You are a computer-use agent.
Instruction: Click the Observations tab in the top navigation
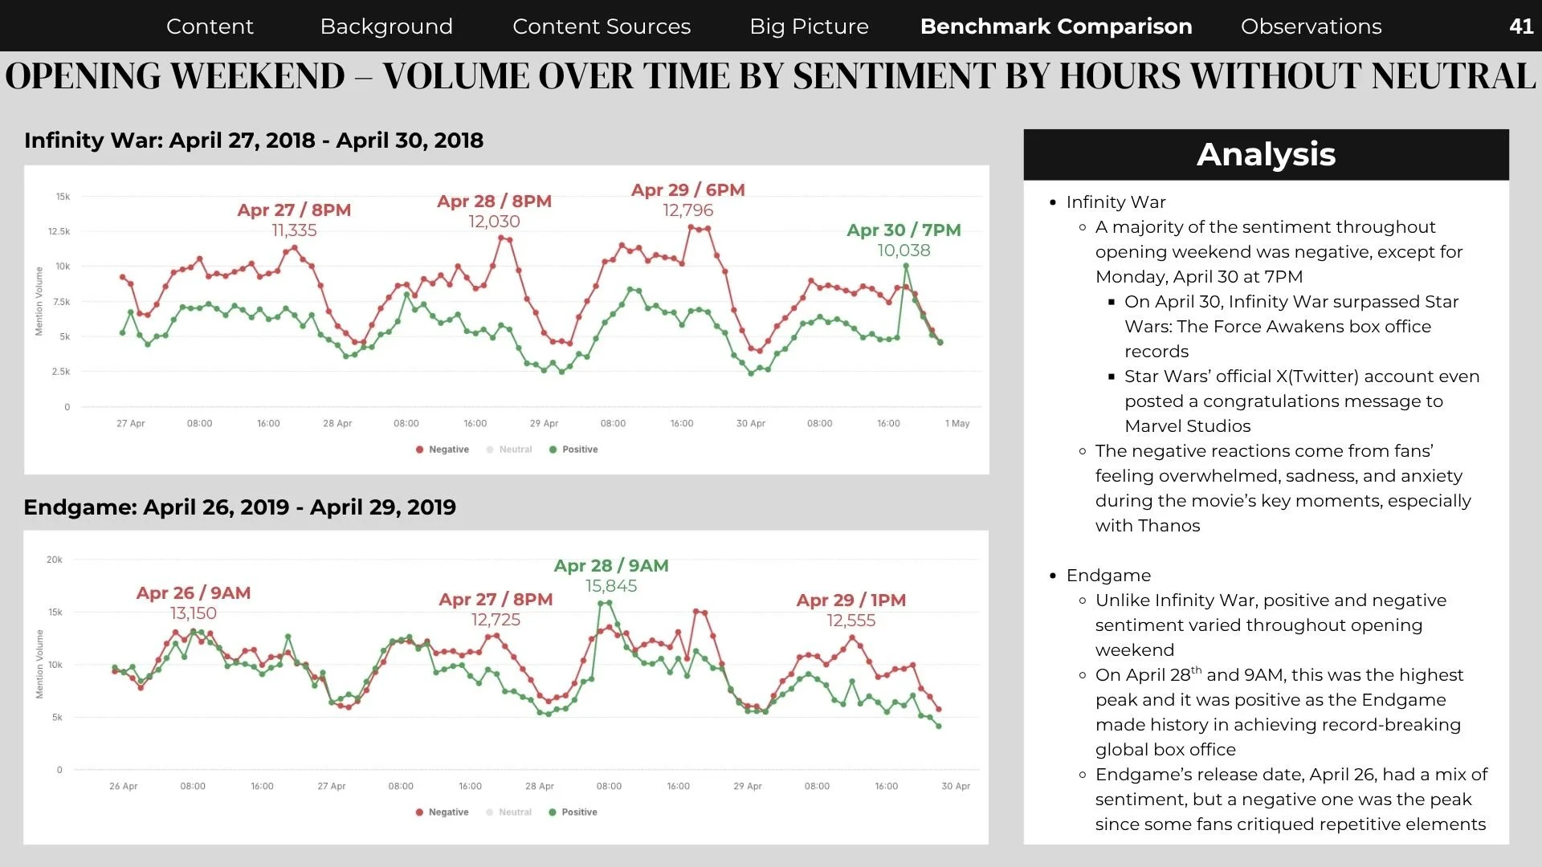[1311, 26]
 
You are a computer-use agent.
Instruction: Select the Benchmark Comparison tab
[1056, 26]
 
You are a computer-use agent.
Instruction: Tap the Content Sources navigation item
[602, 26]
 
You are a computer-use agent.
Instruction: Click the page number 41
[1521, 26]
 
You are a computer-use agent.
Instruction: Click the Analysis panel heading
[1266, 154]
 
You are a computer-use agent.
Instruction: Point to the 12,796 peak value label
[687, 210]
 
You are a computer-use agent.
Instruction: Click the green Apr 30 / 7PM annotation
[904, 230]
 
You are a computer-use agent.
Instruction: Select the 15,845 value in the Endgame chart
[611, 586]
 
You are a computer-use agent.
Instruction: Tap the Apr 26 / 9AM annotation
[194, 593]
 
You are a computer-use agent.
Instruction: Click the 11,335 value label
[294, 230]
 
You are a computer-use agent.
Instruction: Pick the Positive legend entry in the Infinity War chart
[573, 450]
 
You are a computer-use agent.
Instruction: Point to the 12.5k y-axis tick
[59, 231]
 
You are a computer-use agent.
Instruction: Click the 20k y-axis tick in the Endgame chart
[55, 560]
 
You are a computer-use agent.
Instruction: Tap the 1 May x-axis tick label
[957, 423]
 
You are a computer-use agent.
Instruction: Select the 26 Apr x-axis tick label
[123, 786]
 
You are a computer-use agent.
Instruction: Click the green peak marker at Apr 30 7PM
[906, 266]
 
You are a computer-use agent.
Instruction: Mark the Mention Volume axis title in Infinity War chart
[39, 301]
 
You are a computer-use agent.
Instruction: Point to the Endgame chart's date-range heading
[239, 507]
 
